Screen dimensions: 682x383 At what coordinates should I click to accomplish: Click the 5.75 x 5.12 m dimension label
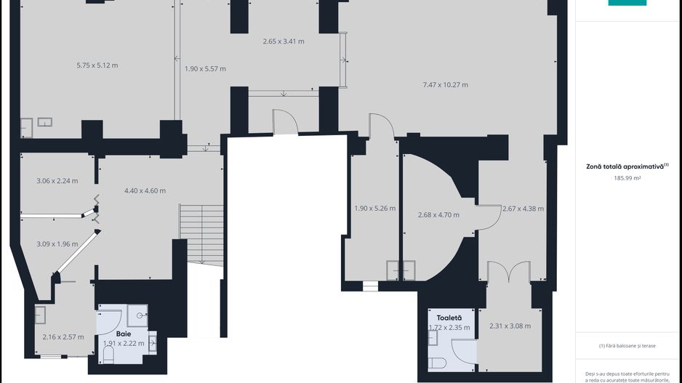[97, 65]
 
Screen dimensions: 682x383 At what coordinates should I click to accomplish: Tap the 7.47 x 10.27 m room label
[446, 85]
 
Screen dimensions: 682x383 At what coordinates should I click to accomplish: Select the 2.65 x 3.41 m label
[284, 41]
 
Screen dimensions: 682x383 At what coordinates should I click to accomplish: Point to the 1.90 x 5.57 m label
[205, 69]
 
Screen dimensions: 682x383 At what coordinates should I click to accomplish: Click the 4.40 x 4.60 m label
[145, 190]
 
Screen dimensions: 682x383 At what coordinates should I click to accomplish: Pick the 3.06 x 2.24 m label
[57, 181]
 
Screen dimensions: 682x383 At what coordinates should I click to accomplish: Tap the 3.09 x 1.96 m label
[57, 244]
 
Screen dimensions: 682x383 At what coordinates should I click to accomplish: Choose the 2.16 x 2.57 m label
[63, 336]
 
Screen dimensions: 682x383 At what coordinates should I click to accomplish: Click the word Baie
[124, 334]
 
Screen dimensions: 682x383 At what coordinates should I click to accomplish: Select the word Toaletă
[449, 318]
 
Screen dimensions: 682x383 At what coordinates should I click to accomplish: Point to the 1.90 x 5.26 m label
[375, 209]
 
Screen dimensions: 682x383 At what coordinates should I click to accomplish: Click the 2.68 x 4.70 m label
[438, 214]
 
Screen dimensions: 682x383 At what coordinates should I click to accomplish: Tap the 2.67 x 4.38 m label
[523, 209]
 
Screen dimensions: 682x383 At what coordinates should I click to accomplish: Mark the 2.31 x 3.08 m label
[510, 326]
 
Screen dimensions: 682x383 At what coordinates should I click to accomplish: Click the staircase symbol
[201, 235]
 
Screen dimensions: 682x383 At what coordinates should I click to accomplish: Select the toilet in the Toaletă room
[437, 363]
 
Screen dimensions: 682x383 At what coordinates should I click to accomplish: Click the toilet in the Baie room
[108, 355]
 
